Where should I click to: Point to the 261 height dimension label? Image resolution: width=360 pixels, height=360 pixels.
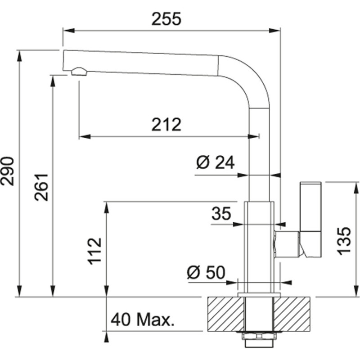tap(42, 187)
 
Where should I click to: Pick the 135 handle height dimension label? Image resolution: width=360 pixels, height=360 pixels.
tap(344, 240)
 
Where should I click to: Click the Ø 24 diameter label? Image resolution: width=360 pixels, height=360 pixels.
tap(216, 162)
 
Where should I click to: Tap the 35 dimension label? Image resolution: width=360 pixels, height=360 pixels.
tap(221, 213)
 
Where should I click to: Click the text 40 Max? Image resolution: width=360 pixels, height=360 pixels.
tap(142, 320)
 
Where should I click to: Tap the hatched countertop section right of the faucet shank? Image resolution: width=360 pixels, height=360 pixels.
tap(292, 315)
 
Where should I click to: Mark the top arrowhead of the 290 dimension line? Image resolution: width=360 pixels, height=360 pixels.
tap(19, 54)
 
